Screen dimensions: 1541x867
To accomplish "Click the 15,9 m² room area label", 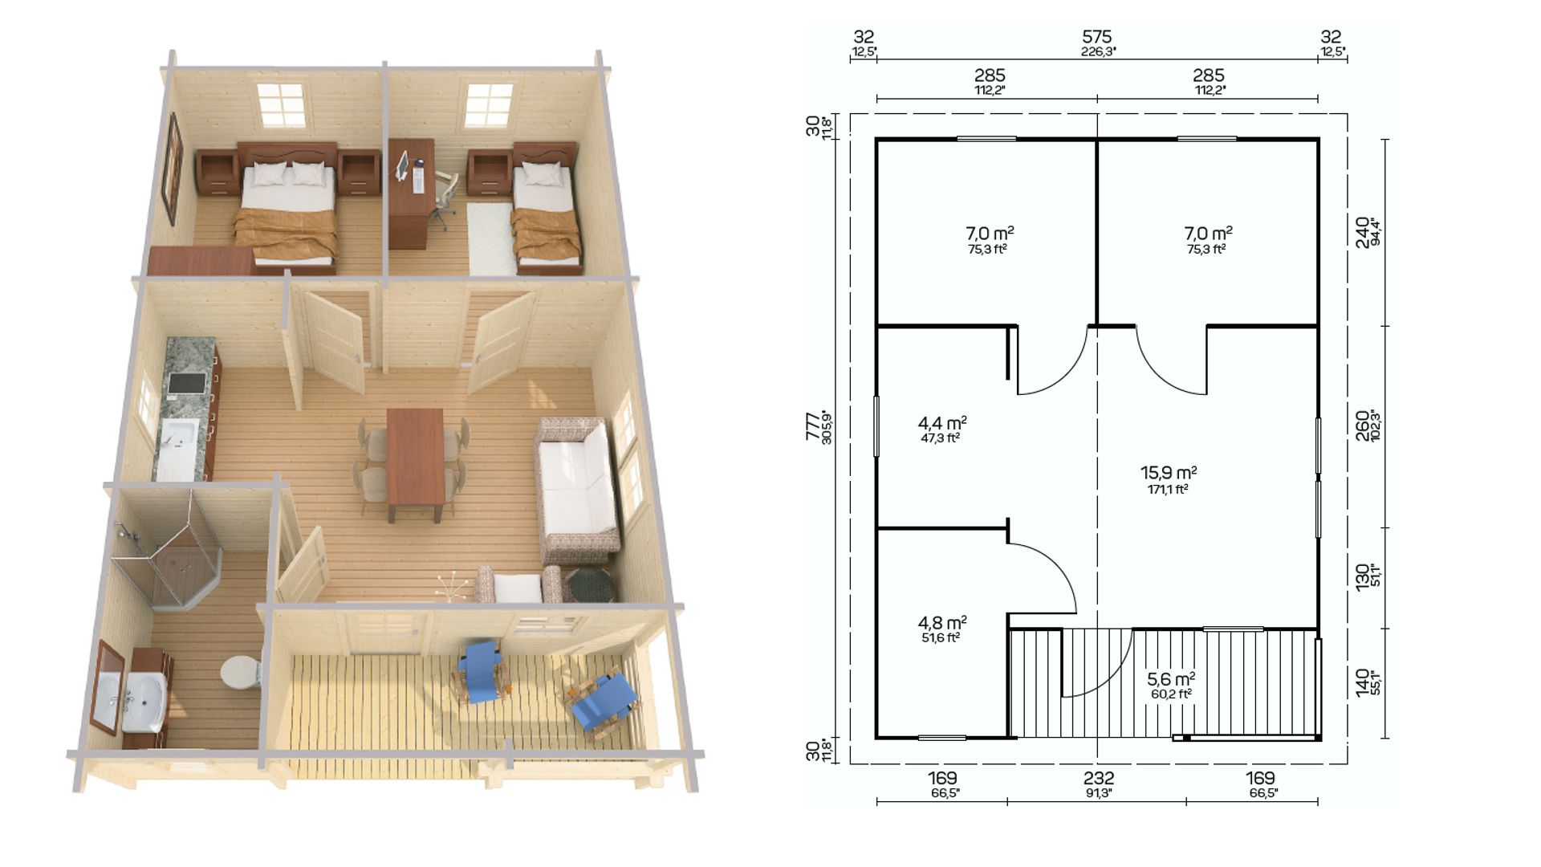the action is click(x=1169, y=474).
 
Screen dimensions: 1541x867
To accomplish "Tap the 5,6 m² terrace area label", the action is click(x=1171, y=680).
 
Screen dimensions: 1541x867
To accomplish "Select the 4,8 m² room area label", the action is click(x=941, y=624).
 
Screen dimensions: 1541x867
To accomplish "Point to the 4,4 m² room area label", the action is click(x=941, y=424).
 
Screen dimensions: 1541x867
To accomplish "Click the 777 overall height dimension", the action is click(x=812, y=426).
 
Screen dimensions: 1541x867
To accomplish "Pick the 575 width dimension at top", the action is click(x=1097, y=37).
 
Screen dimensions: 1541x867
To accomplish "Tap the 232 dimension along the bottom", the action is click(x=1099, y=778).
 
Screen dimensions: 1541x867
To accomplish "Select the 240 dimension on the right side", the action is click(x=1362, y=233).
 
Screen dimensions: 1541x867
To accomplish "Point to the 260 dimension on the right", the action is click(x=1362, y=426).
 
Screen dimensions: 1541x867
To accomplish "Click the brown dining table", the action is click(x=415, y=461).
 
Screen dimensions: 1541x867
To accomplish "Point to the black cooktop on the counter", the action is click(x=188, y=385).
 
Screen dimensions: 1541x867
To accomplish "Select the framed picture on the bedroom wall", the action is click(x=173, y=167).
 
